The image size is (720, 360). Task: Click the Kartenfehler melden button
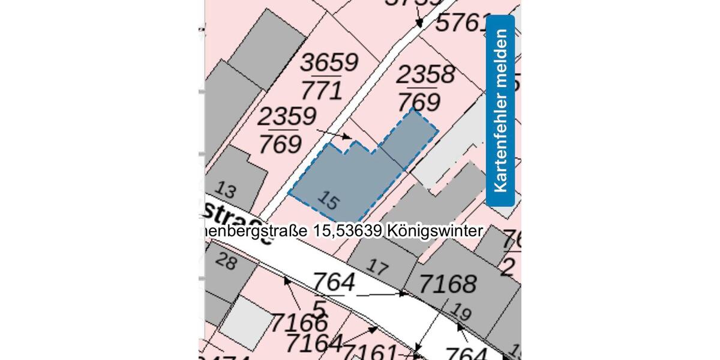(x=500, y=111)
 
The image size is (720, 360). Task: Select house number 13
(x=225, y=190)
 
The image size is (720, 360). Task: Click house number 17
(x=377, y=266)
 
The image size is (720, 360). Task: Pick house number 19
(x=460, y=312)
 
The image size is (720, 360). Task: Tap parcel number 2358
(x=425, y=75)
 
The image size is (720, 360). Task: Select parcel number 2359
(x=287, y=116)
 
